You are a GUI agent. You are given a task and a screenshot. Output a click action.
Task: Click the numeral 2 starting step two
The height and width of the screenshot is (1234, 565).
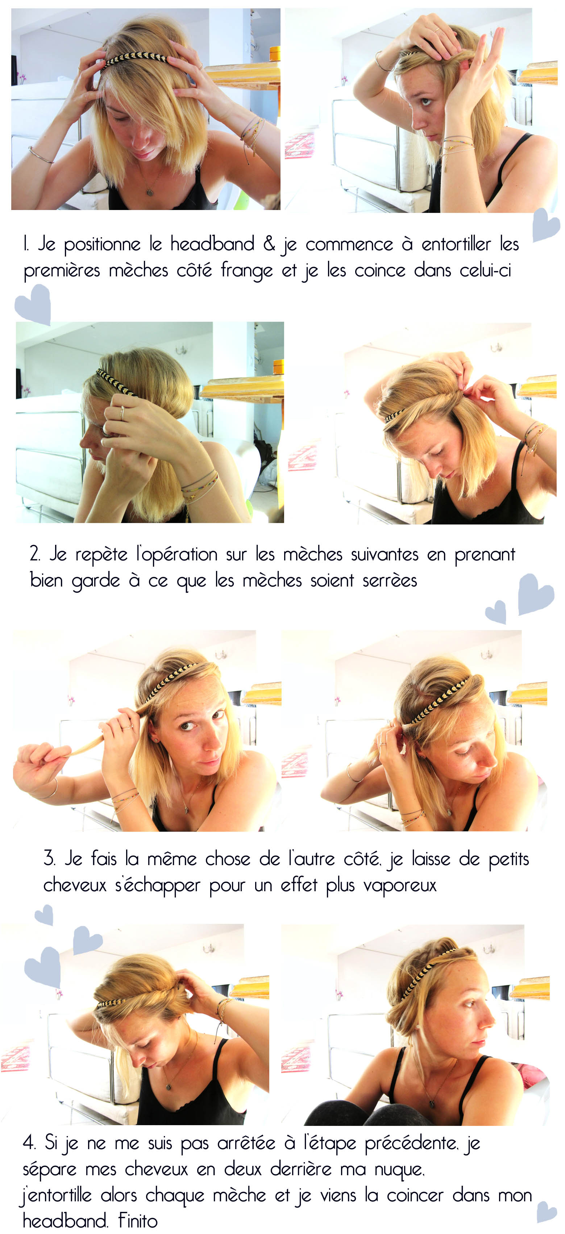(x=34, y=554)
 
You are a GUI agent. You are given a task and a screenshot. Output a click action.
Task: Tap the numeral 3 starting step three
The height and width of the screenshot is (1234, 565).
(x=48, y=859)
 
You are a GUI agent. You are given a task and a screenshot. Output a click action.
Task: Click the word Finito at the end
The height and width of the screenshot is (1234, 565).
(x=138, y=1221)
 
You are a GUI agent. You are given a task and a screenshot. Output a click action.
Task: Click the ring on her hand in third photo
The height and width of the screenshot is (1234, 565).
(x=122, y=412)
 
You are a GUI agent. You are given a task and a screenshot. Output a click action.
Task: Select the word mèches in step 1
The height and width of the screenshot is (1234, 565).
(x=138, y=271)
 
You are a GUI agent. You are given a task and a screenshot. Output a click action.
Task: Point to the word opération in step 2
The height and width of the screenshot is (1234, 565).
(x=177, y=555)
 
